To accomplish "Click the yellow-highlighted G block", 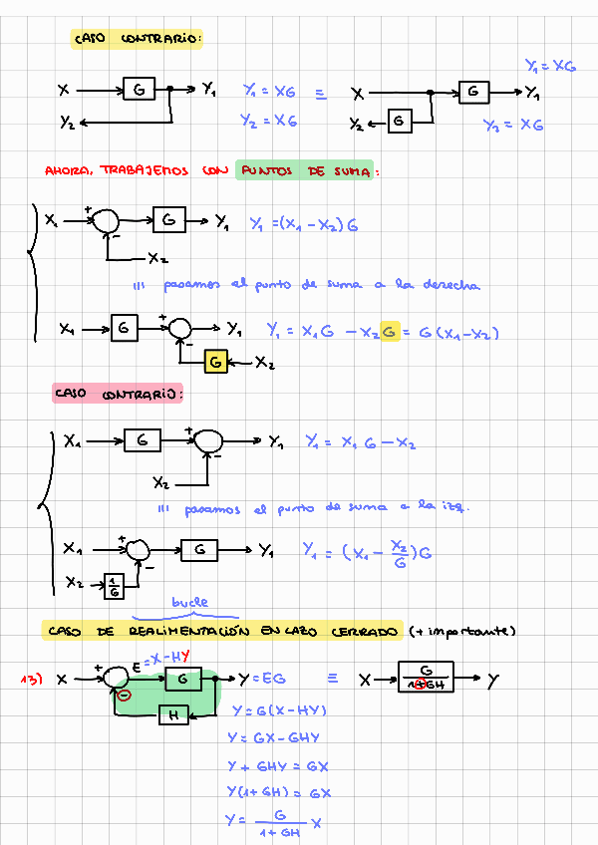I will [x=215, y=361].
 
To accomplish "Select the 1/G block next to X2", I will [x=115, y=587].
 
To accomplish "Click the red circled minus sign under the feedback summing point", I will [x=124, y=695].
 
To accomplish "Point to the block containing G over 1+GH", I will [x=426, y=678].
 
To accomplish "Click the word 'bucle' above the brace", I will [x=189, y=603].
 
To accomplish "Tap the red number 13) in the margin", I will [x=33, y=680].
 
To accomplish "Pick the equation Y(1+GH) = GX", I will [x=279, y=793].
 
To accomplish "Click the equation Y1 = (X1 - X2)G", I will [x=303, y=224].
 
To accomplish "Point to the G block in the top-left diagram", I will [x=139, y=90].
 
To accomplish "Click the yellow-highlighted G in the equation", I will [x=389, y=331].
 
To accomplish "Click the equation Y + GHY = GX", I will [x=279, y=766].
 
